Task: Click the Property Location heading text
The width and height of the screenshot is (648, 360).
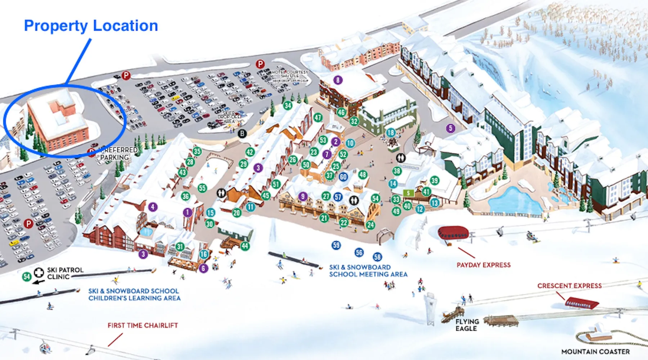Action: [91, 26]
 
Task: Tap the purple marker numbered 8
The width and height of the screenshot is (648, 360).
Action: [338, 80]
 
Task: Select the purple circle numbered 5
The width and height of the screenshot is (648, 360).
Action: [450, 128]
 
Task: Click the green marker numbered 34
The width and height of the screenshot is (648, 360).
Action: [288, 105]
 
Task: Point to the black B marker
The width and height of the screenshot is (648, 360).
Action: [242, 134]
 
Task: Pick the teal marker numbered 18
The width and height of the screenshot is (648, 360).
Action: [391, 132]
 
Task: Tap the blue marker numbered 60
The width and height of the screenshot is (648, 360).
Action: [343, 177]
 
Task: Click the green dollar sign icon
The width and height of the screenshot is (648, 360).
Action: [408, 193]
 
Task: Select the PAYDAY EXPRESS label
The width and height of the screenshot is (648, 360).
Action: [483, 265]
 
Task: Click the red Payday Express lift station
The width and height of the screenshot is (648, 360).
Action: [453, 233]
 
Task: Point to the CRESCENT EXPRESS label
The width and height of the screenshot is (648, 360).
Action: [569, 286]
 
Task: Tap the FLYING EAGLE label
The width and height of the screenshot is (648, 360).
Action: [467, 325]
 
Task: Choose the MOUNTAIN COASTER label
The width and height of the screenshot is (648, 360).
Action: [595, 352]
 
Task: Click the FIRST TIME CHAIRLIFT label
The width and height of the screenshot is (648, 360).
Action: [143, 325]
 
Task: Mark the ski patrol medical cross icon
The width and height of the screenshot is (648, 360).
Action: [39, 273]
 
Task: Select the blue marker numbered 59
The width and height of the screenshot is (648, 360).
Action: [336, 246]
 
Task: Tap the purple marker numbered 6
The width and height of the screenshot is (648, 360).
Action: [204, 268]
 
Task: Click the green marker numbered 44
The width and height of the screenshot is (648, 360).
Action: [245, 246]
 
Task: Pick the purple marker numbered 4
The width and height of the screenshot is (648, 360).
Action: [153, 207]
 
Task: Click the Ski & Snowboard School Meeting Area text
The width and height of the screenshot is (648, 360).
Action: [368, 271]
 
